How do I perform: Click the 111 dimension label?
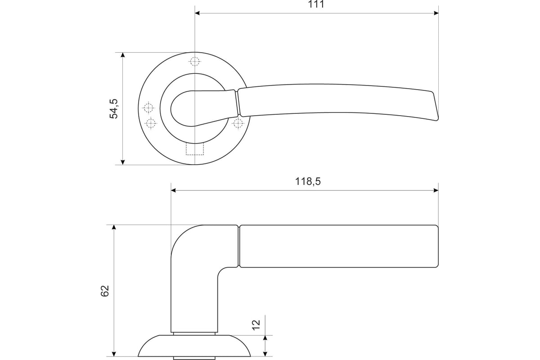(316, 4)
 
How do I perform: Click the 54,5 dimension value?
(114, 108)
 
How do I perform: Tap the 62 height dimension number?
(105, 291)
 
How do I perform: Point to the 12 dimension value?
(256, 325)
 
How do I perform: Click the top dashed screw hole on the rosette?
(194, 61)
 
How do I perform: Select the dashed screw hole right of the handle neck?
(238, 123)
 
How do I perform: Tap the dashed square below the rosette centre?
(195, 148)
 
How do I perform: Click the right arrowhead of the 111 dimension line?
(436, 13)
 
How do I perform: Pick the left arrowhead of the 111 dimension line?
(198, 13)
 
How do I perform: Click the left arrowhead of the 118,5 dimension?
(174, 190)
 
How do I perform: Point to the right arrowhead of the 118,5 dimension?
(436, 190)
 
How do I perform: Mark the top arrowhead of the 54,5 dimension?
(123, 55)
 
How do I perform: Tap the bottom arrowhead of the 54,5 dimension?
(123, 162)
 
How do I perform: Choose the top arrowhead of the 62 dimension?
(114, 228)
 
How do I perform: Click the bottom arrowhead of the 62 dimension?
(114, 354)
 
